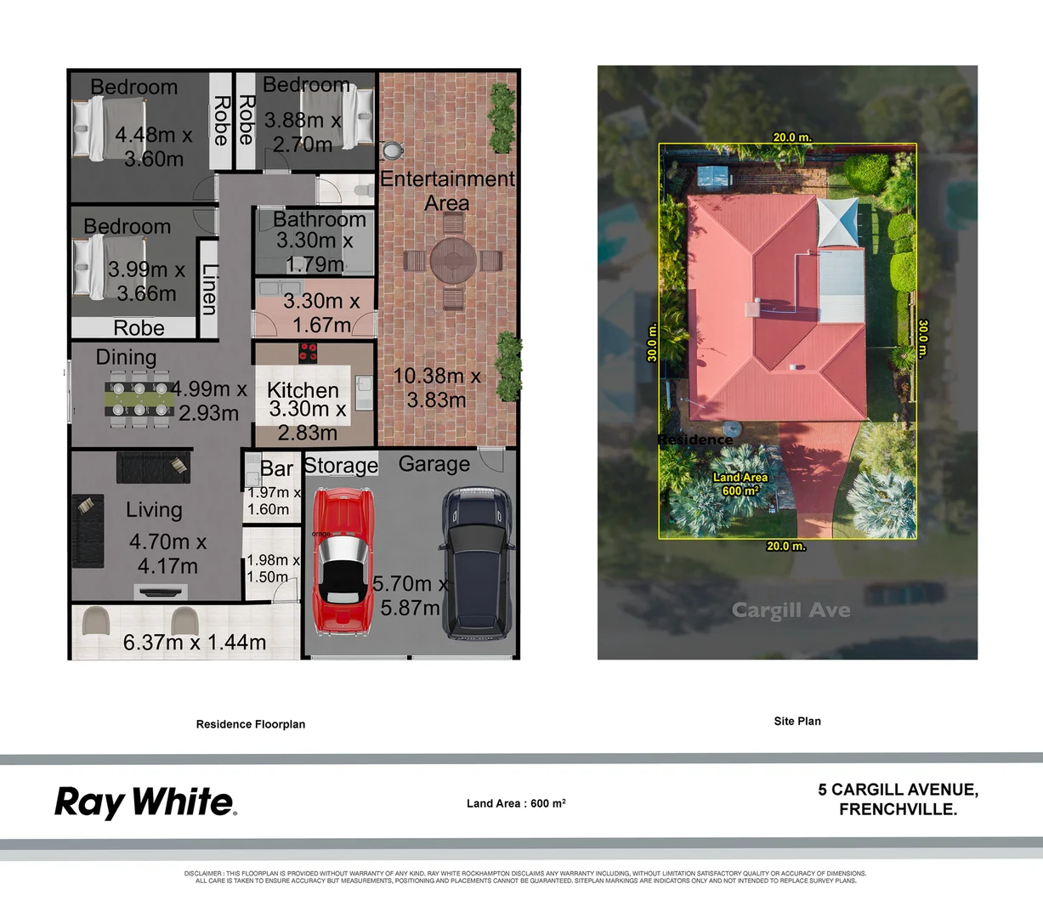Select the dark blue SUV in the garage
[x=477, y=564]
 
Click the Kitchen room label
[x=303, y=389]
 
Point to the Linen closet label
[x=209, y=289]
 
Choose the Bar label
[x=276, y=468]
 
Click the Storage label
[x=340, y=465]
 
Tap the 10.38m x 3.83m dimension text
[x=436, y=388]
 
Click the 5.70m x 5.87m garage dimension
[x=410, y=595]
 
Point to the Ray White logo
[x=145, y=802]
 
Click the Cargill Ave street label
[x=791, y=609]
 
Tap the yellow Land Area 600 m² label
[x=740, y=484]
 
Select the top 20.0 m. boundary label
[x=791, y=137]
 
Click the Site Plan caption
[x=796, y=721]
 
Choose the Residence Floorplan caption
[x=250, y=724]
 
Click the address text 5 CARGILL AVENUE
[x=898, y=790]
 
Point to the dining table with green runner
[x=138, y=399]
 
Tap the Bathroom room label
[x=319, y=219]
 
